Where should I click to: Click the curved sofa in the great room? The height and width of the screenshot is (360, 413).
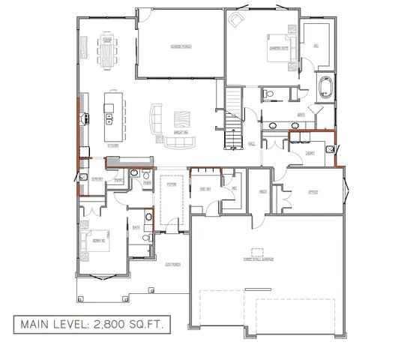(x=156, y=121)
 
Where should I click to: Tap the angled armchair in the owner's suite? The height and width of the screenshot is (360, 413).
(x=238, y=18)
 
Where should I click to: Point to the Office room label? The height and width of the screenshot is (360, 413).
(x=313, y=193)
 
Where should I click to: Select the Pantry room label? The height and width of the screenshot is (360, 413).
(x=97, y=179)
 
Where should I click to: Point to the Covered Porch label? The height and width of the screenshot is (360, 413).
(x=172, y=265)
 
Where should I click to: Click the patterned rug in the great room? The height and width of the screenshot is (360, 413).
(x=183, y=120)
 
